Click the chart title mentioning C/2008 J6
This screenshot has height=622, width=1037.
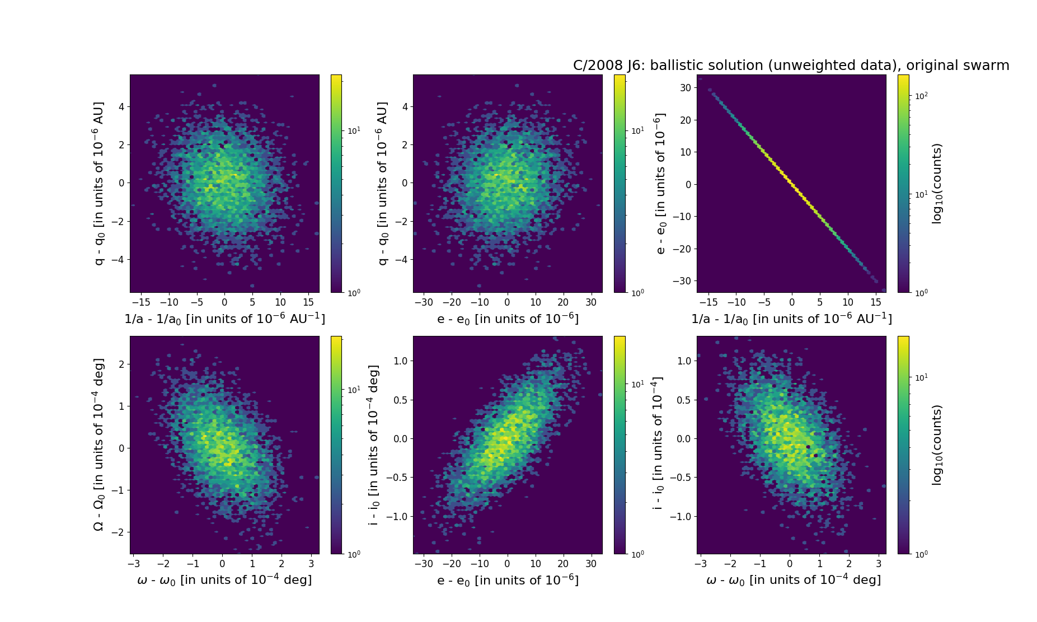[x=791, y=66]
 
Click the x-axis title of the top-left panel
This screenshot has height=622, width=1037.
[x=224, y=319]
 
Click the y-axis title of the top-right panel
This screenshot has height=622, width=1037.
[x=661, y=184]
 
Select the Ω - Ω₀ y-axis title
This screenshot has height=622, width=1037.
[x=98, y=445]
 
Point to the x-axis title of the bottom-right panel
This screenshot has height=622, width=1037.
[x=793, y=580]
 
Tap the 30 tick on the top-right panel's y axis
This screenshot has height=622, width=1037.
[x=686, y=87]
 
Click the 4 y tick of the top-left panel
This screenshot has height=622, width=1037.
[x=121, y=106]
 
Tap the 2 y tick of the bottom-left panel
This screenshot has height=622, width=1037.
[x=121, y=364]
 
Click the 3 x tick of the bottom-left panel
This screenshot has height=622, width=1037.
[x=311, y=564]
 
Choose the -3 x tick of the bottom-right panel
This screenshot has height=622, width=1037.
[x=701, y=564]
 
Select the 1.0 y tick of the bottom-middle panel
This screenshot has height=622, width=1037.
[x=400, y=361]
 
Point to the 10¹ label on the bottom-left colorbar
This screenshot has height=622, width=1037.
[x=354, y=390]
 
